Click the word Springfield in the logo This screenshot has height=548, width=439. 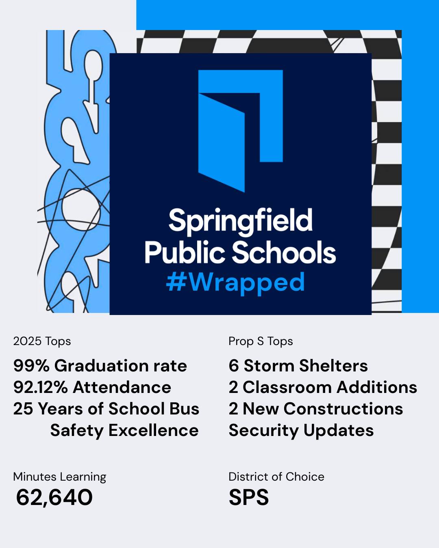241,222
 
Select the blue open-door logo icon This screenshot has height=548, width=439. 241,131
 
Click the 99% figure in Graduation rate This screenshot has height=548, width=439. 31,366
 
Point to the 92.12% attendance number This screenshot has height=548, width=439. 41,387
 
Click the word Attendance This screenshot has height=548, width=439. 122,387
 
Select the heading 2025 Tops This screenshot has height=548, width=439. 42,341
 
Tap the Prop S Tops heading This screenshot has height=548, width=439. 261,341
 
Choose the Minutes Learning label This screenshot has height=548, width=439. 60,477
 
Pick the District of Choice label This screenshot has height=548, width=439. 276,477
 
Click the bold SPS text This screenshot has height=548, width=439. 249,497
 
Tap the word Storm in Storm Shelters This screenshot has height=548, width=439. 269,366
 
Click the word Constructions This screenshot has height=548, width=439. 343,409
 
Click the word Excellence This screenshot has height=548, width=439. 154,431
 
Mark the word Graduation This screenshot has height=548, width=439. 101,366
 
